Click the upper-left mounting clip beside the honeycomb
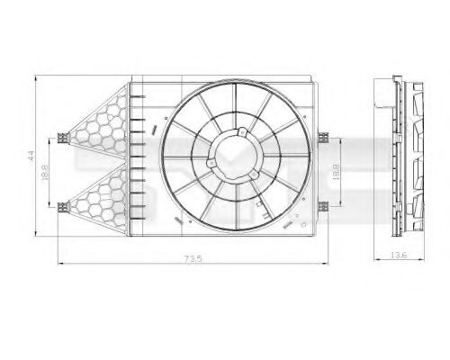60,138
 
